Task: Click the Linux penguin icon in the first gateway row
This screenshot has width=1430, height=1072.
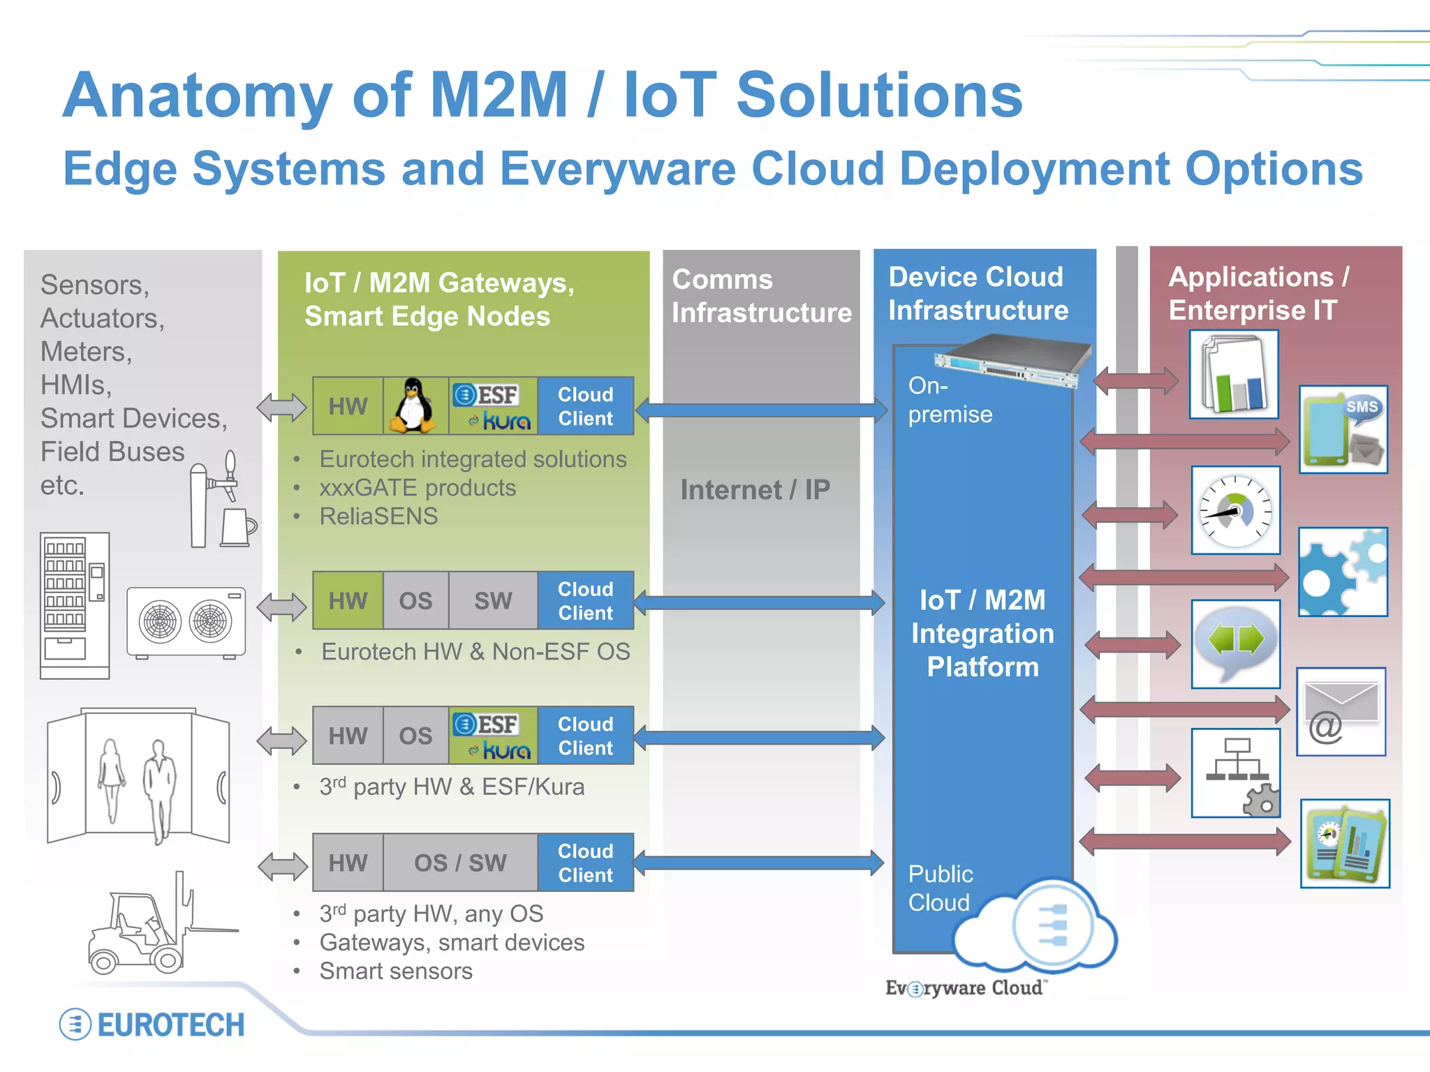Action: (414, 406)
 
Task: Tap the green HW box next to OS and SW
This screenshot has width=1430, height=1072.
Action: (348, 601)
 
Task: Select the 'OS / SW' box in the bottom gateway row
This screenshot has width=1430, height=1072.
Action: (460, 863)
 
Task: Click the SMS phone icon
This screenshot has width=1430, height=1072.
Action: (1343, 430)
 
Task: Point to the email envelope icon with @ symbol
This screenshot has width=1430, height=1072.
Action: (1341, 712)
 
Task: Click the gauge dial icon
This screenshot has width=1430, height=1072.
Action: (1235, 511)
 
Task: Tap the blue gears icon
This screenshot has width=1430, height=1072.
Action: (1343, 572)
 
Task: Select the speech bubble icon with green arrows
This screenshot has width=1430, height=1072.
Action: (1235, 643)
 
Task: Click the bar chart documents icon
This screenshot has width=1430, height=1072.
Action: (1234, 375)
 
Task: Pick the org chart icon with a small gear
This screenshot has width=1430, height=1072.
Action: (1236, 773)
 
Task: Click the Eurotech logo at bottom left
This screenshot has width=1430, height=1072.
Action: (152, 1025)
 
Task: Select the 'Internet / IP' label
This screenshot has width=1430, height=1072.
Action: (755, 490)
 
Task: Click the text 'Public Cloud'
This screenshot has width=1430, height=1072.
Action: (940, 888)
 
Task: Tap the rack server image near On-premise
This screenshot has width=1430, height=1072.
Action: (1012, 361)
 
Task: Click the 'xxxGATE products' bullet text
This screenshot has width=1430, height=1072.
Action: (418, 488)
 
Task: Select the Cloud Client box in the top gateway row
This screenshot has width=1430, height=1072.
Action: (585, 406)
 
